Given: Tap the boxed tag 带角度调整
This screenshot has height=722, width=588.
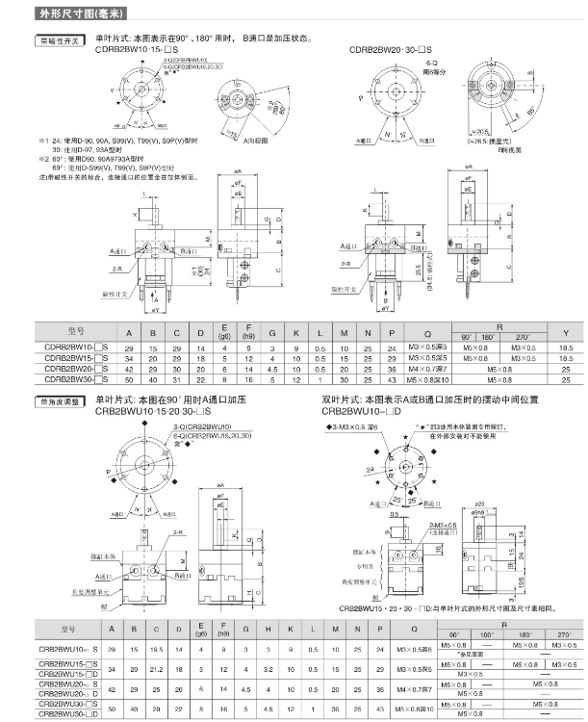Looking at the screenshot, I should point(58,400).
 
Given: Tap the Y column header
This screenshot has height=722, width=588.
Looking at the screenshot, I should point(565,332).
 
